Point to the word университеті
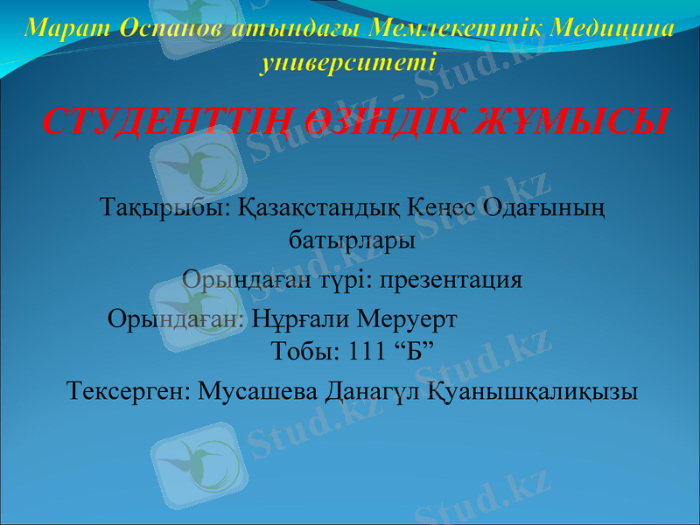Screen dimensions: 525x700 pyautogui.click(x=349, y=63)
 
